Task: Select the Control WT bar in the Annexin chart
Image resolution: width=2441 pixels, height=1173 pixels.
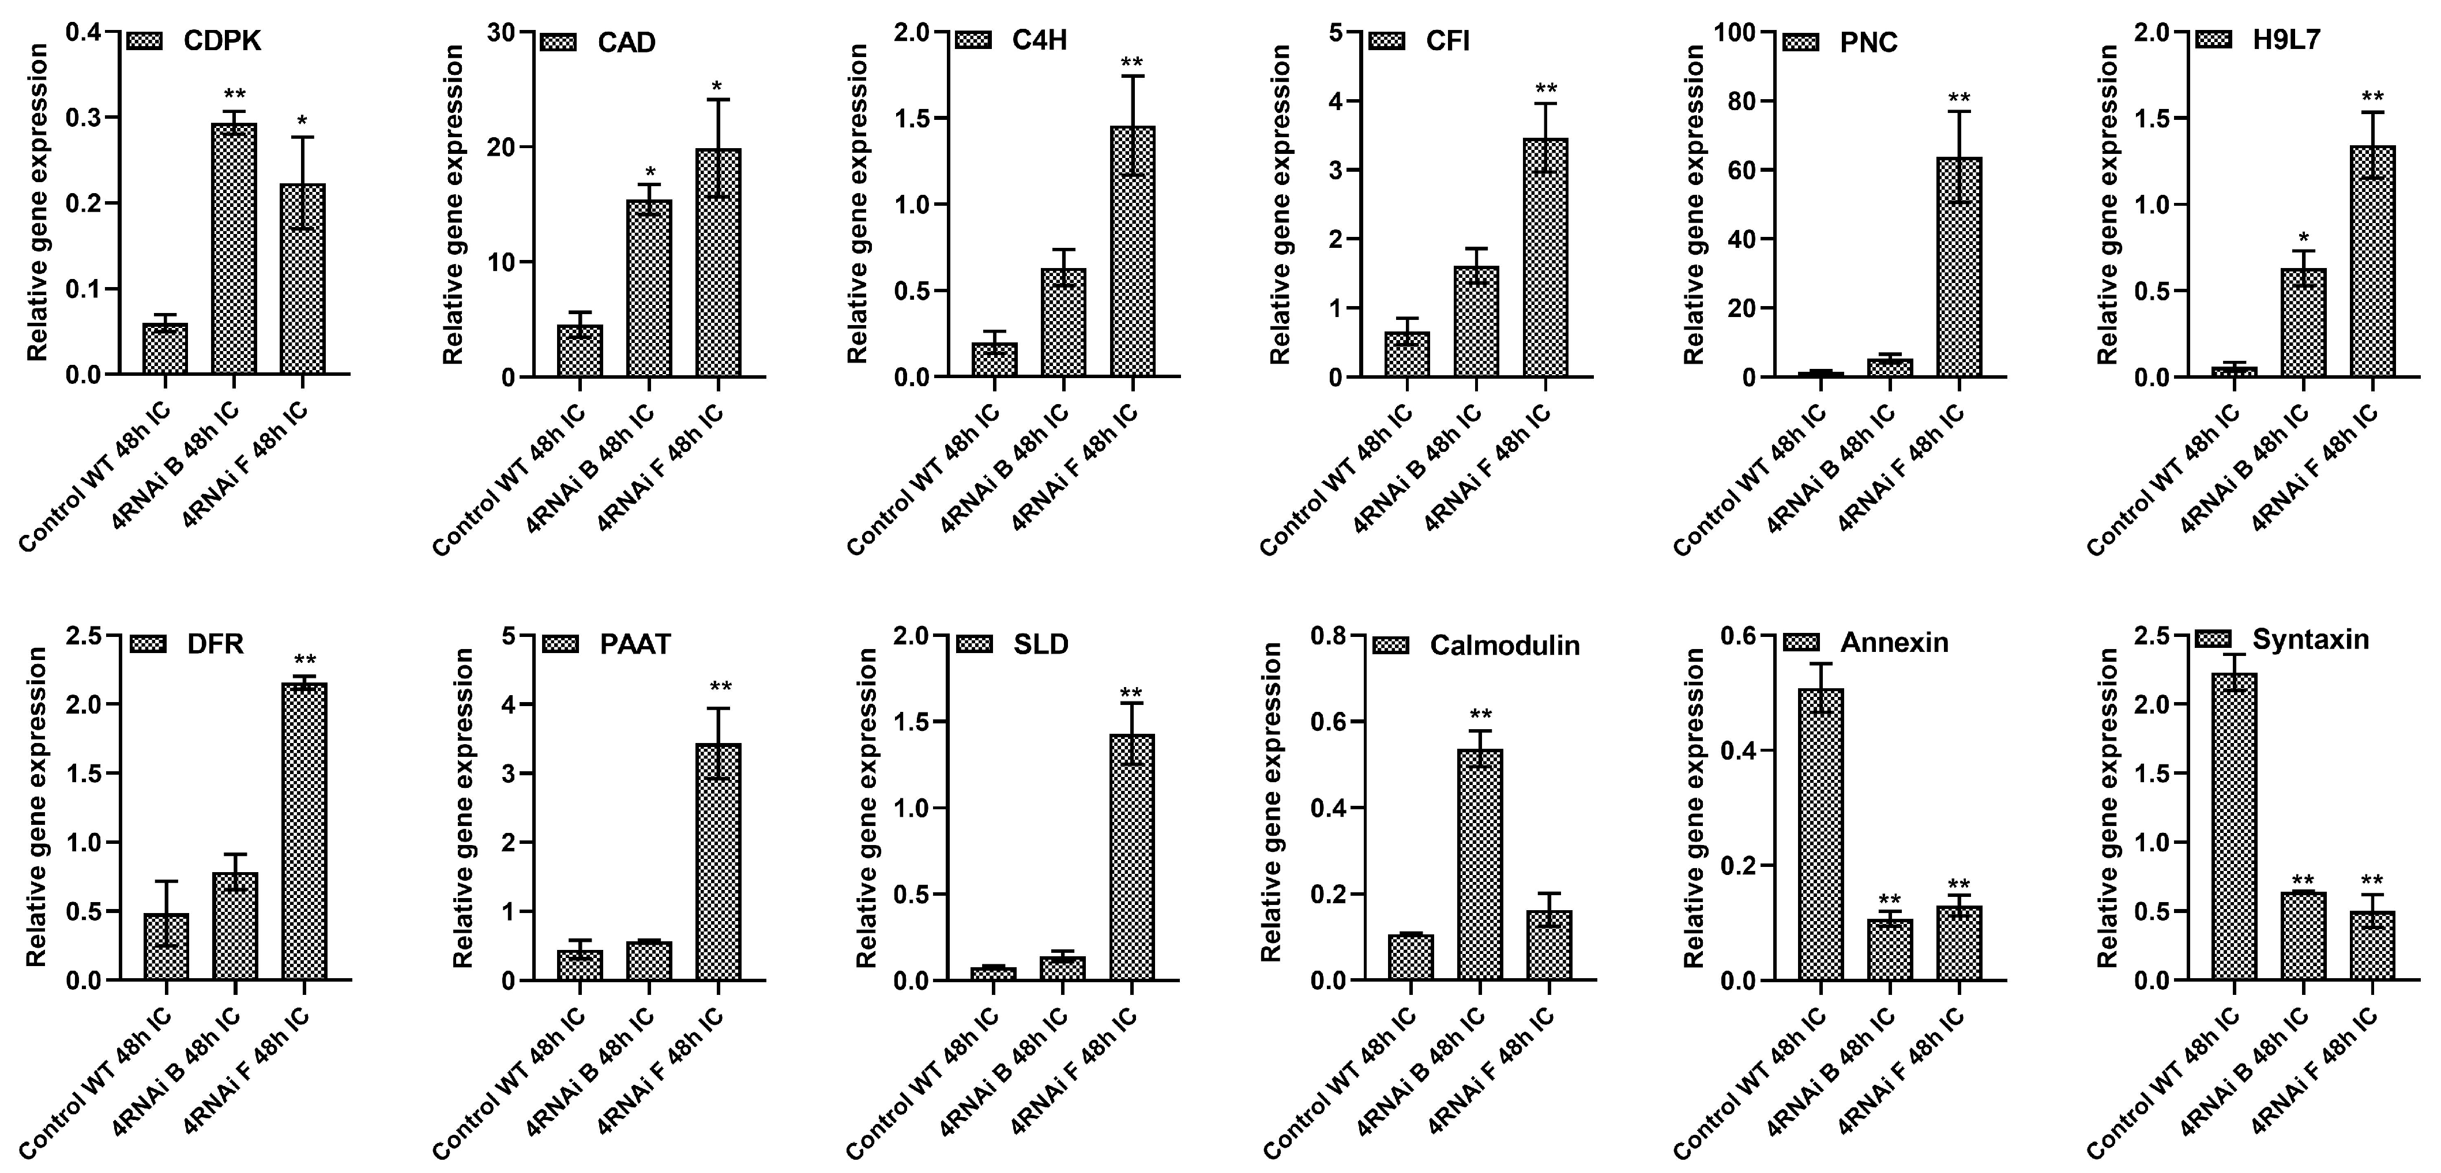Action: click(x=1821, y=834)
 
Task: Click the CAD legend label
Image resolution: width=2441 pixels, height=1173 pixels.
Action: click(x=626, y=43)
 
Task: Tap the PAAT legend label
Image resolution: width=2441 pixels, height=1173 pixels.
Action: click(x=635, y=644)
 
